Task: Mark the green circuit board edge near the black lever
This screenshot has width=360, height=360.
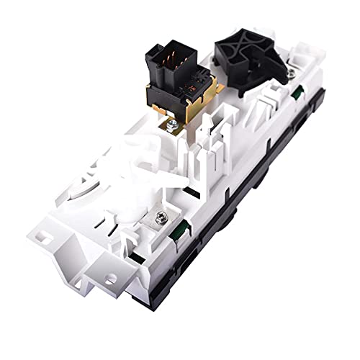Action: click(x=297, y=92)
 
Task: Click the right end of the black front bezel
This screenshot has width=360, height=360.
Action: click(x=320, y=133)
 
